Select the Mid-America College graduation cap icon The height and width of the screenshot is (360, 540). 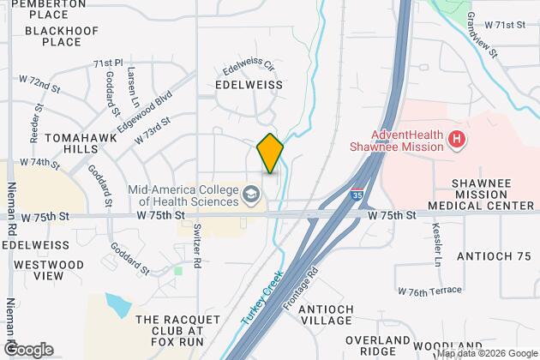tap(251, 195)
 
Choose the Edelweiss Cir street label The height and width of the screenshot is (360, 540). tap(248, 66)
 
